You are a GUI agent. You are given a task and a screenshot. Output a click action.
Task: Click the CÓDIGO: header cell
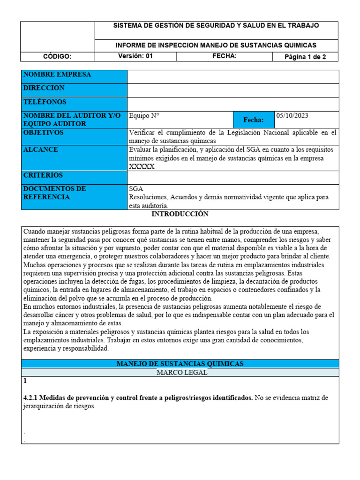(57, 57)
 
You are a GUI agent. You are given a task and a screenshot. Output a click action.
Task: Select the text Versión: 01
(135, 56)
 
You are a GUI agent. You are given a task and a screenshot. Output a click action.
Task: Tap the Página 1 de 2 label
(305, 57)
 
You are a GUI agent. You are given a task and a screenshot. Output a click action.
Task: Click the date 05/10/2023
(292, 116)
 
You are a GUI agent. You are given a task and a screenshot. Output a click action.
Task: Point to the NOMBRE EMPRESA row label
(57, 75)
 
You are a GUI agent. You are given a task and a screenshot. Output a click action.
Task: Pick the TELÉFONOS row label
(45, 102)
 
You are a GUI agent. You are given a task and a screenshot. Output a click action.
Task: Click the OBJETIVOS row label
(43, 133)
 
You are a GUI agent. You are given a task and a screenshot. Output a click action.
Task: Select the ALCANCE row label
(41, 150)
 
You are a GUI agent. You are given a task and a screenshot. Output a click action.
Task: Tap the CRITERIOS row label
(43, 175)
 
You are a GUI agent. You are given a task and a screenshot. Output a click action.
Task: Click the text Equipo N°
(140, 116)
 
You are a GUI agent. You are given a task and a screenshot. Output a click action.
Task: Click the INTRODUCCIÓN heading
(180, 214)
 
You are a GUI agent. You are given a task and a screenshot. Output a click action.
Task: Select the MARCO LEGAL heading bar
(180, 372)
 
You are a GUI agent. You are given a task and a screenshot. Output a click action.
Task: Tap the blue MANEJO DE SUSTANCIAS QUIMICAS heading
(180, 364)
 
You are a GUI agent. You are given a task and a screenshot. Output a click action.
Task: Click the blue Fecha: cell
(254, 120)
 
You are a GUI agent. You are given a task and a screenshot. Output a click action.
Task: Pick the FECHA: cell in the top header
(225, 56)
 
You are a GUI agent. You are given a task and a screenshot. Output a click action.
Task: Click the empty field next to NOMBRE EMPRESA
(232, 77)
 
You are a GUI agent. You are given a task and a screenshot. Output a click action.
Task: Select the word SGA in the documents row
(136, 188)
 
